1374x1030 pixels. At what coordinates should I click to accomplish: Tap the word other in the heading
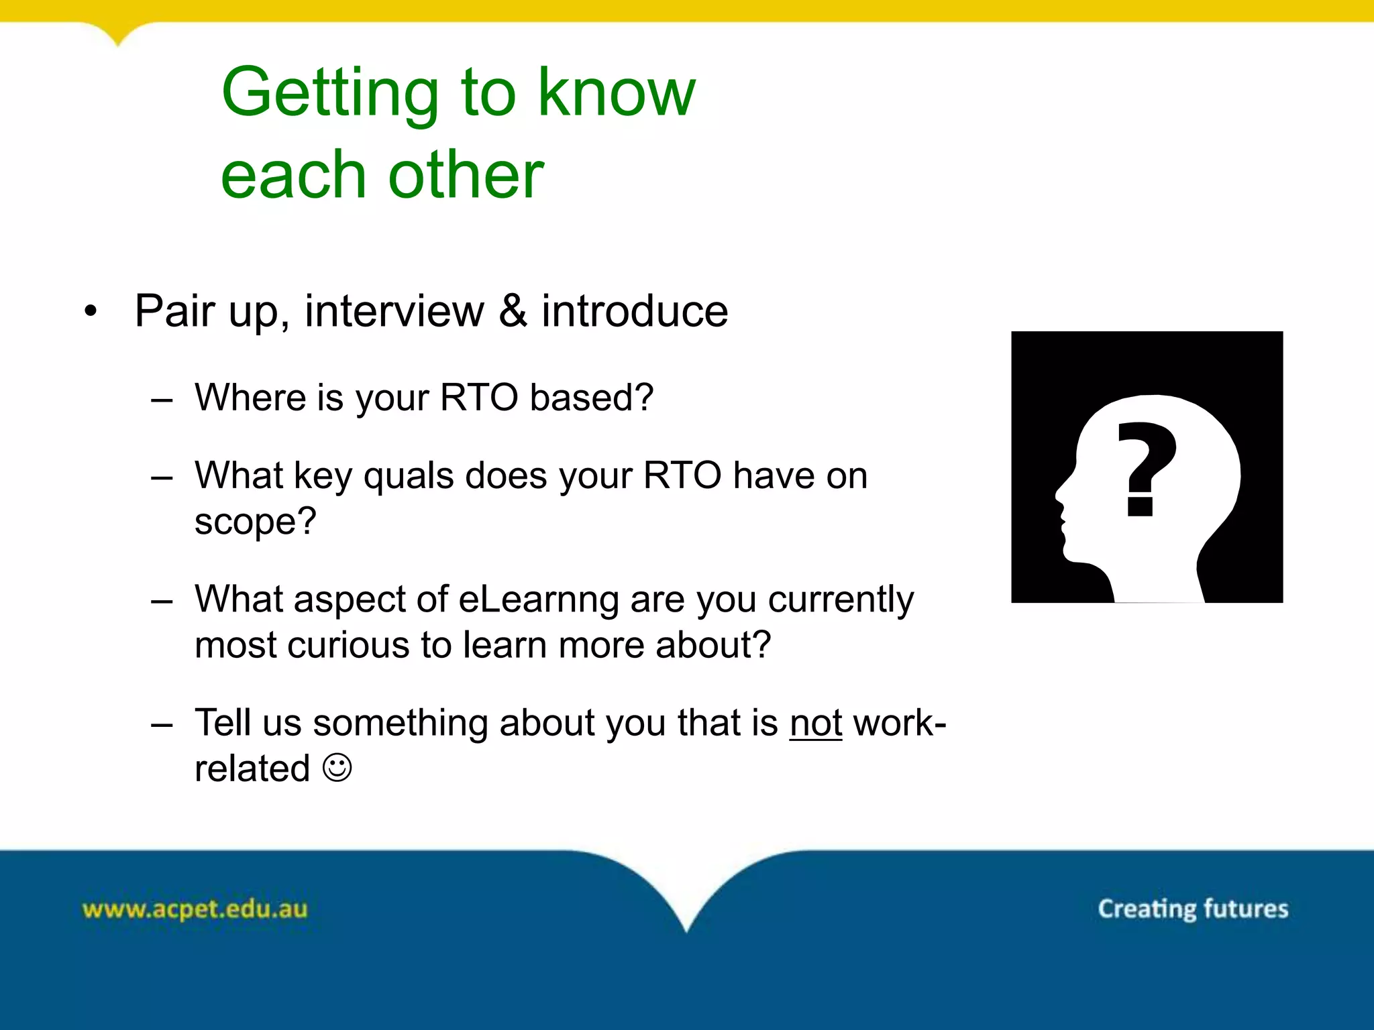466,176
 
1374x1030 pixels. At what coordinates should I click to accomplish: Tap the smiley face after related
337,767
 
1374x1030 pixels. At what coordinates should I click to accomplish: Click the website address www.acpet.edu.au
195,909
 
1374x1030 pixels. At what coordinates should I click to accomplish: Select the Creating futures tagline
1192,909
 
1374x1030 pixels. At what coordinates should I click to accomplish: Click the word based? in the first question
591,398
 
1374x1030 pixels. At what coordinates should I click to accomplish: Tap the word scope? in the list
255,522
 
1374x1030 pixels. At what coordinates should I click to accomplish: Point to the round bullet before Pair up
91,311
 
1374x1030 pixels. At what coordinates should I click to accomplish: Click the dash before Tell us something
162,724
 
